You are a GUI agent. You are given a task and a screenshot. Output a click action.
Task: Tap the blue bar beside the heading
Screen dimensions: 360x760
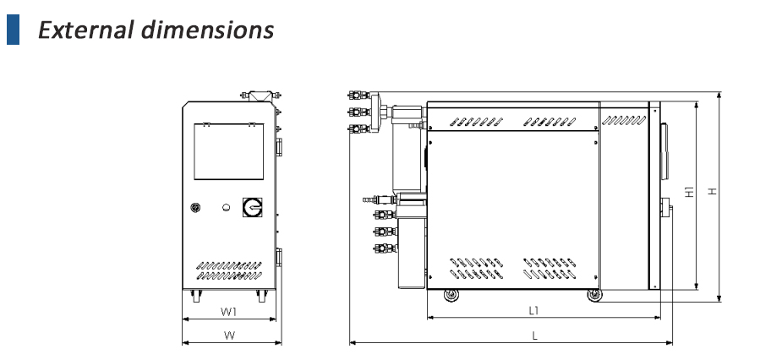tap(12, 30)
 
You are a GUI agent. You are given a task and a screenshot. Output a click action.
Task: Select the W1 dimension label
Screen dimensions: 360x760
tap(229, 312)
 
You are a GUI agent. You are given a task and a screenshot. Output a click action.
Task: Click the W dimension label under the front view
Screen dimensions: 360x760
tap(229, 335)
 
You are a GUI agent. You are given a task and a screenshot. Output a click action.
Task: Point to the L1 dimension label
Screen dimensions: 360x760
tap(533, 310)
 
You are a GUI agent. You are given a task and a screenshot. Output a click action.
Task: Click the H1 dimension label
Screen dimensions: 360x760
tap(689, 194)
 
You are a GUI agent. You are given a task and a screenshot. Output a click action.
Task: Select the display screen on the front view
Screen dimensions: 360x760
tap(228, 151)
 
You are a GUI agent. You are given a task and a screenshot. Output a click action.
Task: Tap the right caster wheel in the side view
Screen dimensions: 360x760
tap(593, 295)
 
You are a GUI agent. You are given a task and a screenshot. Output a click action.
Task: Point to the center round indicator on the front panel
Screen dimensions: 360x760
tap(226, 207)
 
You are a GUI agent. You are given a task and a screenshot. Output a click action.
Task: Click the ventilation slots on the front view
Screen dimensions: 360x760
tap(228, 269)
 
